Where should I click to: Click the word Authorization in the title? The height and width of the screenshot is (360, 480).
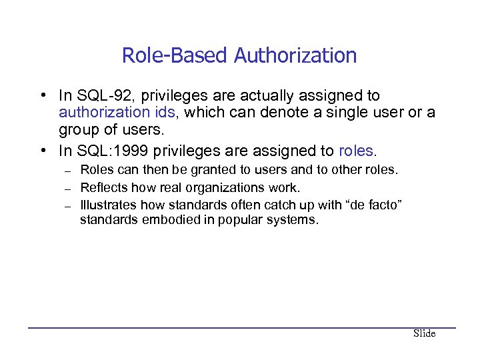(295, 55)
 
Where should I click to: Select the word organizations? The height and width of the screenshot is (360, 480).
(229, 187)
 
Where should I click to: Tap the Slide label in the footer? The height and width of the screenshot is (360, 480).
(424, 333)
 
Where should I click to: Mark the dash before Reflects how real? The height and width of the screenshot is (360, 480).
(69, 188)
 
